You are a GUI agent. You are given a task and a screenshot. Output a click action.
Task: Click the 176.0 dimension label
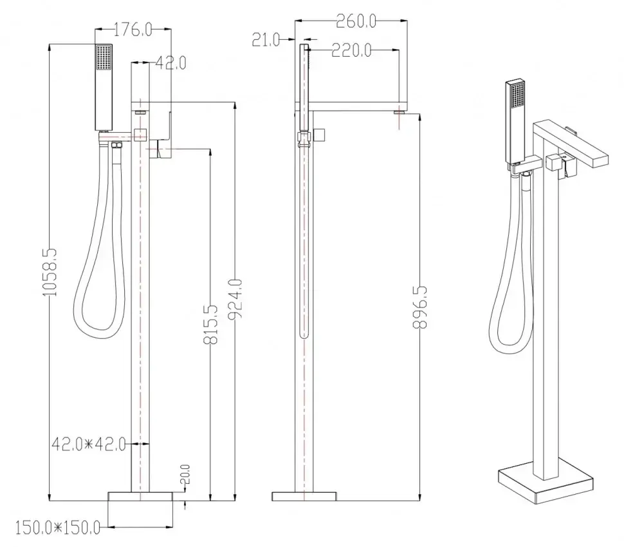[x=133, y=30]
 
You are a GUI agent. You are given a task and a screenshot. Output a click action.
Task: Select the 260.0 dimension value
[x=356, y=21]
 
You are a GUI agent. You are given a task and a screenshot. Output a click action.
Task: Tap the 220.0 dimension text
[x=351, y=50]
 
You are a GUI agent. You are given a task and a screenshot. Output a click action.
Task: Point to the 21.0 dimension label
[x=266, y=40]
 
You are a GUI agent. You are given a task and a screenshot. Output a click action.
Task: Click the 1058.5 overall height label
[x=50, y=272]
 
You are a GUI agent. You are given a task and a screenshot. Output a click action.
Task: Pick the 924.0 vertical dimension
[x=235, y=300]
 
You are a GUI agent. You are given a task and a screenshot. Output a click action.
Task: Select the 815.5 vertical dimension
[x=210, y=324]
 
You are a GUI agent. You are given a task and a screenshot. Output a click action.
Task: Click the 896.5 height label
[x=420, y=307]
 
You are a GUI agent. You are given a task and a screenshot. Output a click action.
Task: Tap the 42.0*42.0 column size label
[x=89, y=444]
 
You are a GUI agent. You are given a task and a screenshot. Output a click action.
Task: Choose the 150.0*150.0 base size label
[x=58, y=528]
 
